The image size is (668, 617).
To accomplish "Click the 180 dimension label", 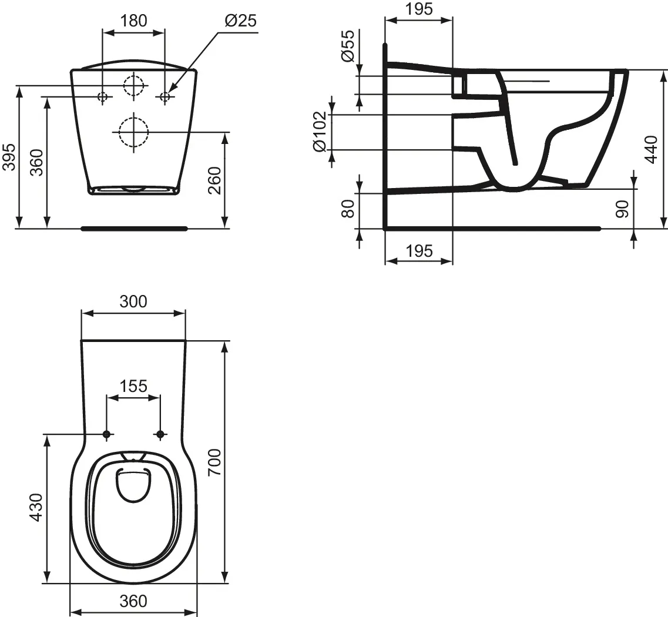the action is [134, 21].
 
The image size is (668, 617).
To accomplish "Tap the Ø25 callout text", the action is [240, 21].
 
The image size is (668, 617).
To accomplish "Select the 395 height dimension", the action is [9, 157].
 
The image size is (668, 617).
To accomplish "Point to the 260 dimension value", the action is [214, 180].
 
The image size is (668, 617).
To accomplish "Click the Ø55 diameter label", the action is [348, 46].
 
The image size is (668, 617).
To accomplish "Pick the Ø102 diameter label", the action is [320, 131].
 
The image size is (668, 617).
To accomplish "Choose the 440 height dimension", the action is [652, 149].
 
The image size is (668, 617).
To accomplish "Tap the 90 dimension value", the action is [622, 209].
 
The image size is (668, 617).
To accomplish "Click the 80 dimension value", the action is [348, 209].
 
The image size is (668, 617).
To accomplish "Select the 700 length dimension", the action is [214, 462].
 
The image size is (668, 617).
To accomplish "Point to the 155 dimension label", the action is [133, 386].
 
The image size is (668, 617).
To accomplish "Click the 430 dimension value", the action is [37, 507].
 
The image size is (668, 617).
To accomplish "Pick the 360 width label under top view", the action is [133, 601].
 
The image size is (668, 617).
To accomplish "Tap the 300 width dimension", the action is [133, 301].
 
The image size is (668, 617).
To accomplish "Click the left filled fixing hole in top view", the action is [106, 434].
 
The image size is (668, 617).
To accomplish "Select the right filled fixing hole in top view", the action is [160, 434].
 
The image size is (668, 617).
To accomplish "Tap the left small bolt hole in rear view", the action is [103, 97].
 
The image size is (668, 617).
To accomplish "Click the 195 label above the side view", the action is [419, 9].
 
